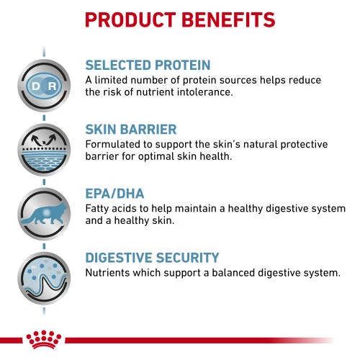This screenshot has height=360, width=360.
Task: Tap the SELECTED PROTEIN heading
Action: [148, 64]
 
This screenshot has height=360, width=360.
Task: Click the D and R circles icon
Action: [43, 86]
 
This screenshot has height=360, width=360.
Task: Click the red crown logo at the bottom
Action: [43, 340]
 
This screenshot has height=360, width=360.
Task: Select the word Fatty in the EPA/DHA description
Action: [98, 209]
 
